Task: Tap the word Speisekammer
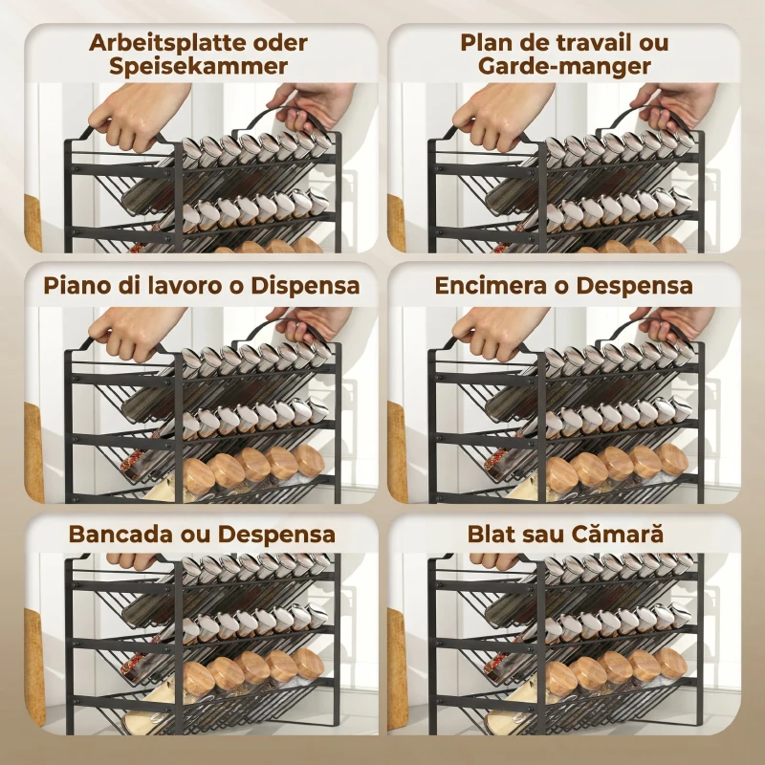(x=199, y=66)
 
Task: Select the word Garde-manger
(x=564, y=66)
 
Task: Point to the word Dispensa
(x=305, y=286)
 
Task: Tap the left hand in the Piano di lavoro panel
(x=138, y=333)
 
